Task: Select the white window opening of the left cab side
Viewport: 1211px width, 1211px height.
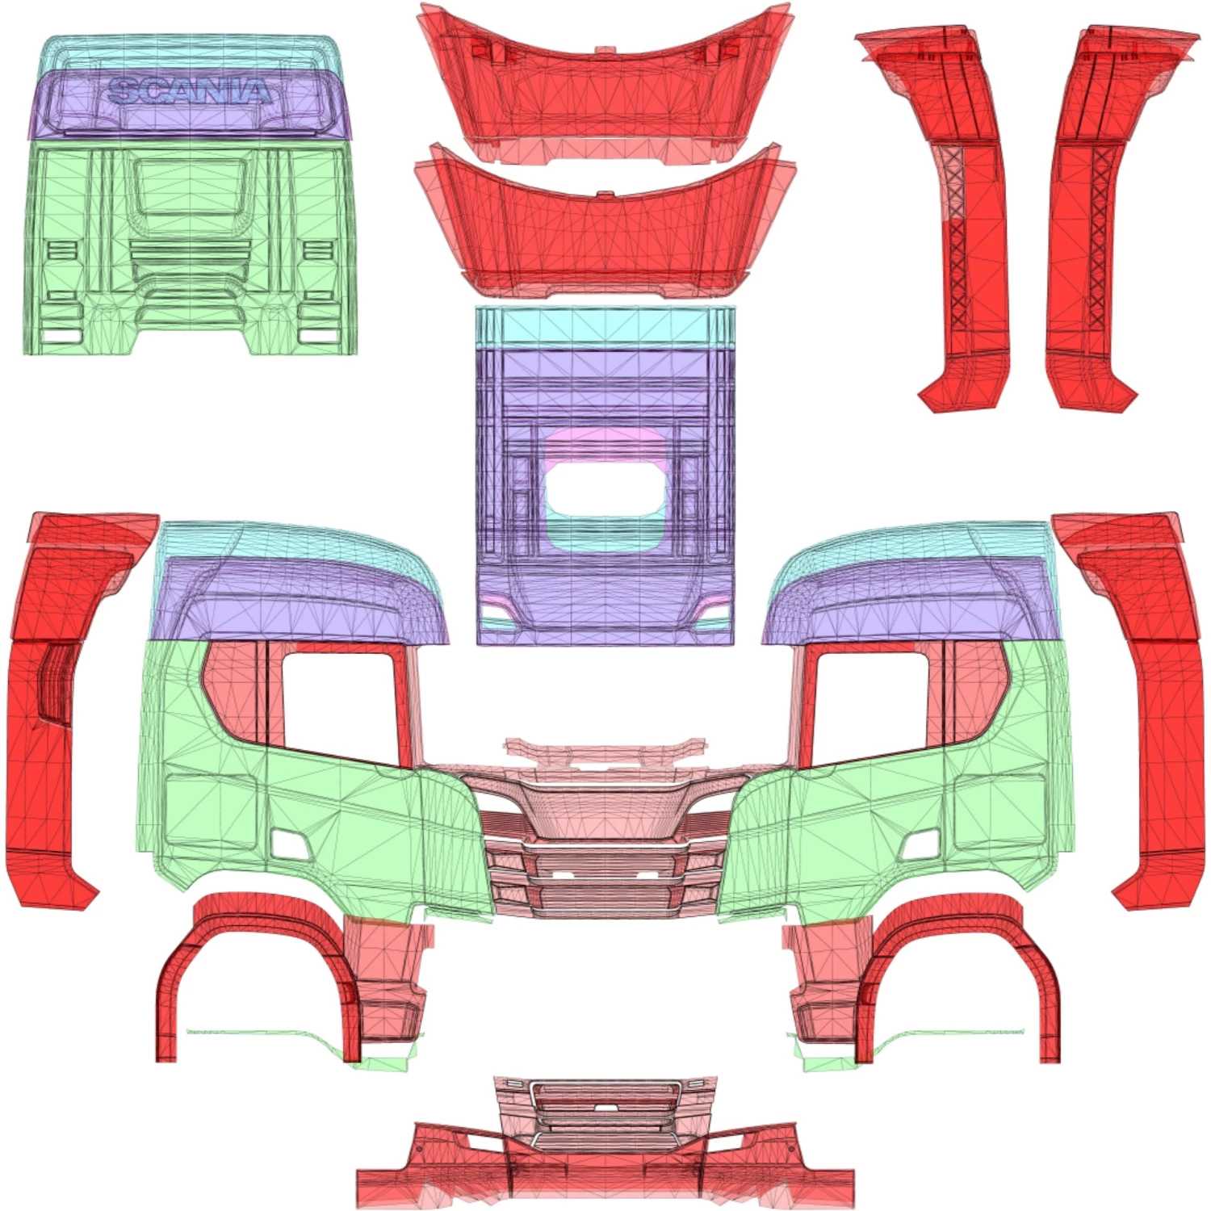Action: [x=339, y=706]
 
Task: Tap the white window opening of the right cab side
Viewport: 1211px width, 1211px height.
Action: [x=870, y=706]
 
